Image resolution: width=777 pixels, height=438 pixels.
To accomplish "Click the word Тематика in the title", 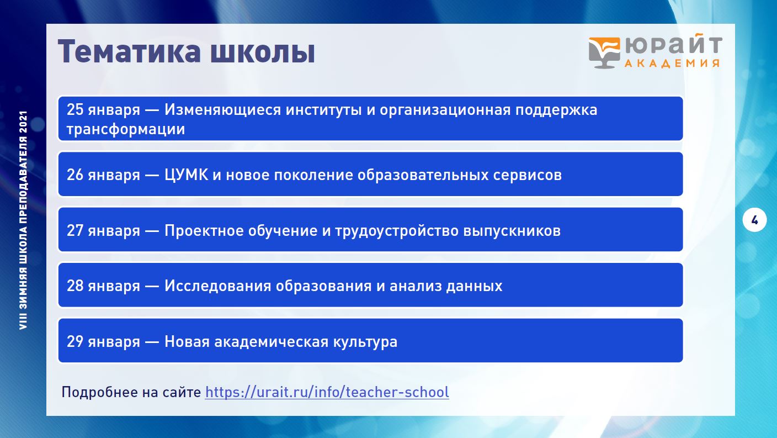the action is pos(129,52).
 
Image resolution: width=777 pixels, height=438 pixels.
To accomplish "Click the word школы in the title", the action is pos(263,52).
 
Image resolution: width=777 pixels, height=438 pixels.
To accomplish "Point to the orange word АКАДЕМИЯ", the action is pos(672,63).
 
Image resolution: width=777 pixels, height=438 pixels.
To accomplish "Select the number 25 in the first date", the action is pos(75,110).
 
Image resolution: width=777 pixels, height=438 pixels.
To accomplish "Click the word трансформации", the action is pos(126,130).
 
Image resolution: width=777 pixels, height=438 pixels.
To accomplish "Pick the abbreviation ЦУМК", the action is pos(187,175).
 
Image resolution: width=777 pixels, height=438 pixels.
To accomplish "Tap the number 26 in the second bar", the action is pos(75,175).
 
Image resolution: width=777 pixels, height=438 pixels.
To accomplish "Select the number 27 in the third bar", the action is pos(75,230).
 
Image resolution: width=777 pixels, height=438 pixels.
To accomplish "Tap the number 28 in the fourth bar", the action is pos(75,286).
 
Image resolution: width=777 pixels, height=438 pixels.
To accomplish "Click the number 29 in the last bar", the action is pos(75,341).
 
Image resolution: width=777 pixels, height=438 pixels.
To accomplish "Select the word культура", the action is pos(365,342).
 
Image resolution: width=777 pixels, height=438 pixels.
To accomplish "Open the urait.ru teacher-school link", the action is pos(327,392).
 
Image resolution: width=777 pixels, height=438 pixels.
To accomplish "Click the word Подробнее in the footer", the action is pos(99,393).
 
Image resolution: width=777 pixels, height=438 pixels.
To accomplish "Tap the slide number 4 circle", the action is pos(754,220).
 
